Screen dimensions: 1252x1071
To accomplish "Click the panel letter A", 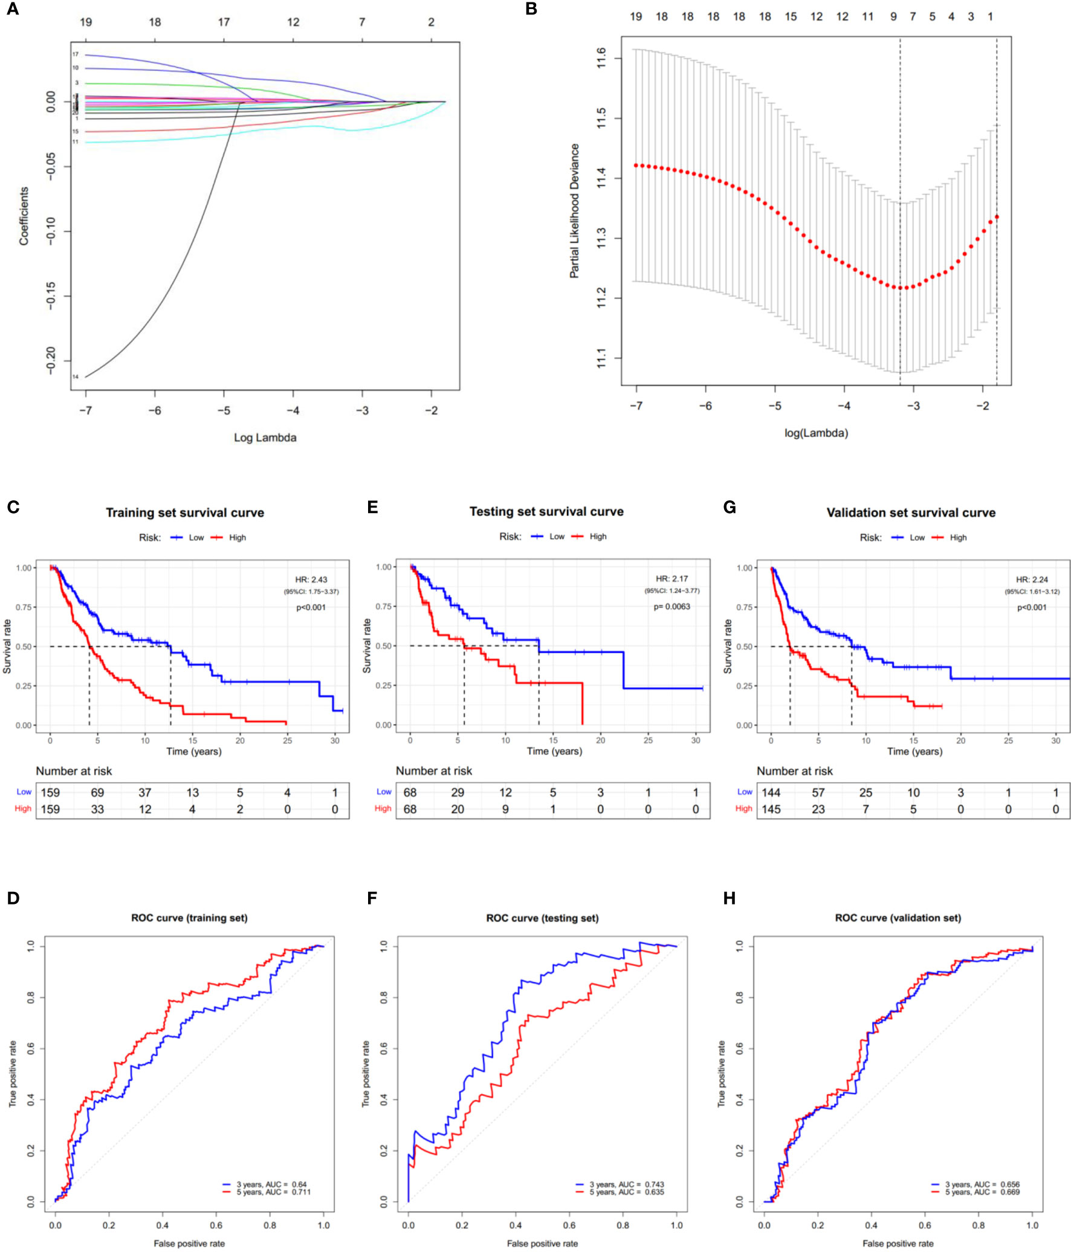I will (12, 9).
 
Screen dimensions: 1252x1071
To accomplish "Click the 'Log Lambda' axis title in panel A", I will (265, 437).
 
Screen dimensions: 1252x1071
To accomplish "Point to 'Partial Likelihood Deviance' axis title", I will (574, 211).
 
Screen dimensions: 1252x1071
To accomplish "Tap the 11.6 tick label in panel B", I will (601, 59).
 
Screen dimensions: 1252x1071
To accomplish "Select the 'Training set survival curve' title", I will (185, 512).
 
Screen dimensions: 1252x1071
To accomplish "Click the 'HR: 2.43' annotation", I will (311, 579).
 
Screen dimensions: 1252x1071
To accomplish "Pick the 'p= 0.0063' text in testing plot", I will (671, 607).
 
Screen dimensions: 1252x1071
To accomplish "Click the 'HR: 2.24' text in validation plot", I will (1032, 579).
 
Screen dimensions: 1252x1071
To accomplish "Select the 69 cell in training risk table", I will (97, 792).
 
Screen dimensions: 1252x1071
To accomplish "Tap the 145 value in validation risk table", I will (771, 809).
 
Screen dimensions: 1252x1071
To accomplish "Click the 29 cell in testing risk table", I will (458, 792).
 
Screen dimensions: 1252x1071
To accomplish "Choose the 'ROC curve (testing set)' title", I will (542, 918).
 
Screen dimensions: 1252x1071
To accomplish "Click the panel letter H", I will (730, 899).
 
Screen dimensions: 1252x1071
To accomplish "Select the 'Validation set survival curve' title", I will (911, 512).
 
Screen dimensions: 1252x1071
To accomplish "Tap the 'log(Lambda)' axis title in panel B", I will (816, 433).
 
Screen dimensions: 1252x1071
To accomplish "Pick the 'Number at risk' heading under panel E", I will (434, 771).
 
